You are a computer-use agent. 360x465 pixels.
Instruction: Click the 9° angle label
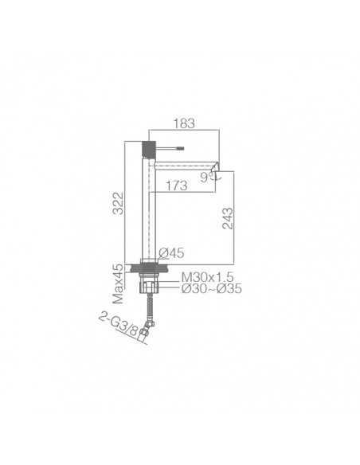point(206,179)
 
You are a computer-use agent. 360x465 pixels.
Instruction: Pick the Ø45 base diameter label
point(171,253)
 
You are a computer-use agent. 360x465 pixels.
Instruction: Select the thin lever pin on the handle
point(171,149)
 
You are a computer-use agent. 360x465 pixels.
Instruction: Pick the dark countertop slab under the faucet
point(148,268)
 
